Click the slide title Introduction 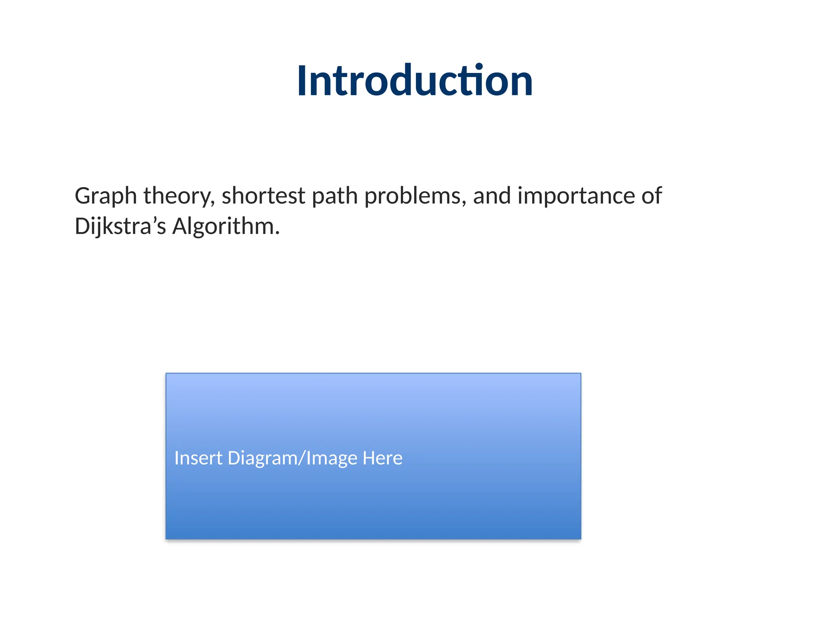coord(415,81)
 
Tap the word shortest coord(263,196)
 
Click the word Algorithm coord(223,226)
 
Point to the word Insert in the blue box coord(198,458)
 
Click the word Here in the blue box coord(382,458)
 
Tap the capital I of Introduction coord(302,81)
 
